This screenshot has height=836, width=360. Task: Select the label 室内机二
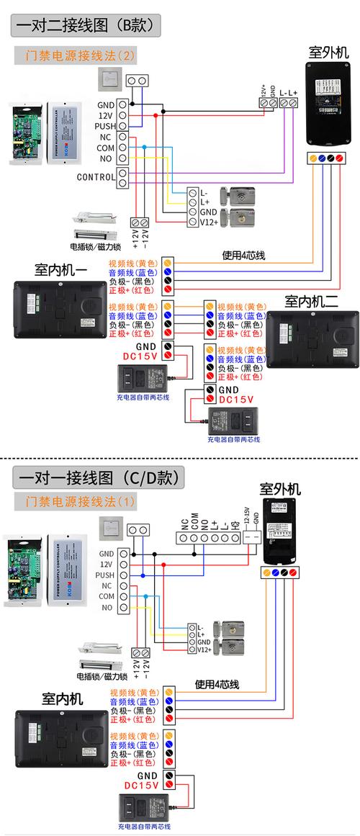[x=311, y=301]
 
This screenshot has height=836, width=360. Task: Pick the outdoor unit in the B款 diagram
[x=328, y=104]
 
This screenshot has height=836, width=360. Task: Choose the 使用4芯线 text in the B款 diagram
[x=243, y=255]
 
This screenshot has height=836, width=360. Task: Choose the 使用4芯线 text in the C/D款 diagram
[x=217, y=684]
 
